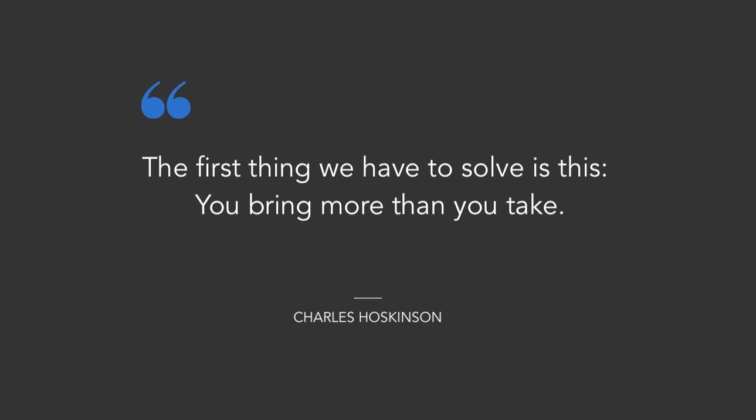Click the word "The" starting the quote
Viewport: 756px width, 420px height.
tap(165, 167)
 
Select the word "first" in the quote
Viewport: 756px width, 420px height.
tap(218, 167)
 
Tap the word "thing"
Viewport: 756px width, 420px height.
tap(279, 169)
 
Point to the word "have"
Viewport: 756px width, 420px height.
tap(391, 167)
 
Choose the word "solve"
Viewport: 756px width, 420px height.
tap(493, 167)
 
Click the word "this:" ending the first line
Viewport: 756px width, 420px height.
tap(582, 167)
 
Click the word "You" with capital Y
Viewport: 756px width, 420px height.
tap(217, 205)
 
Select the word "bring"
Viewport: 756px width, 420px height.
tap(280, 207)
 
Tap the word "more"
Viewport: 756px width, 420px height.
tap(352, 207)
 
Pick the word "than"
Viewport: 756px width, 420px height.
tap(419, 205)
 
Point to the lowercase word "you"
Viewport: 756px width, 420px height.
tap(475, 209)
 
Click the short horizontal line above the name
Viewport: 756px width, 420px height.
tap(368, 298)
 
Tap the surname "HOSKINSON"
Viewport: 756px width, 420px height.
tap(400, 317)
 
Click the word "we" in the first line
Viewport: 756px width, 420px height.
tap(337, 169)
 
